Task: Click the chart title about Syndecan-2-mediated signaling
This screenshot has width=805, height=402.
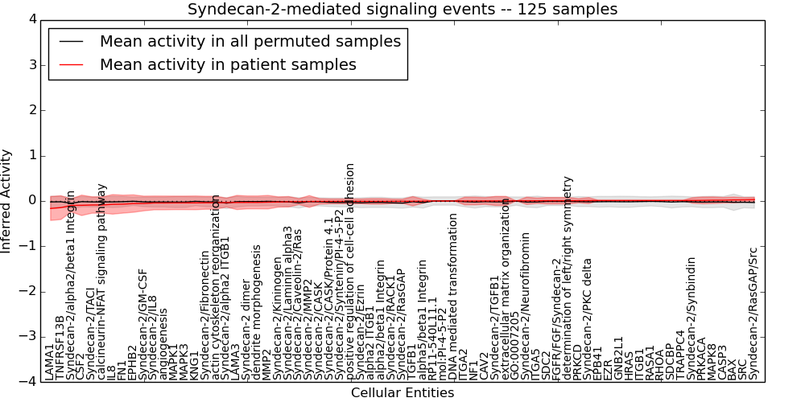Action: click(x=402, y=10)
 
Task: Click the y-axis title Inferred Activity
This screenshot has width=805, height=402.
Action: click(x=7, y=200)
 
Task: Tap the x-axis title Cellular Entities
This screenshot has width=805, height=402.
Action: click(x=402, y=393)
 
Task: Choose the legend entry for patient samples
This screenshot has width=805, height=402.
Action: click(x=228, y=64)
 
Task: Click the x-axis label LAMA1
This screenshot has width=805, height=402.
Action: click(x=50, y=361)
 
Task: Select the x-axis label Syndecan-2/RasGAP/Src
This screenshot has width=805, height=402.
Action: click(x=753, y=313)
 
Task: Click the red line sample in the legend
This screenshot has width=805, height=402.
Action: click(x=72, y=64)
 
